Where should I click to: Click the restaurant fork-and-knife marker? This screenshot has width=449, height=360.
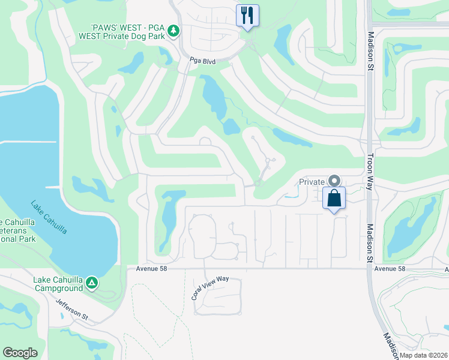tap(247, 14)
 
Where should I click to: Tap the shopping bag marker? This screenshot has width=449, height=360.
tap(334, 197)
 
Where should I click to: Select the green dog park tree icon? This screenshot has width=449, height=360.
tap(173, 30)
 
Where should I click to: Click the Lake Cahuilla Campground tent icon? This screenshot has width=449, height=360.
tap(91, 282)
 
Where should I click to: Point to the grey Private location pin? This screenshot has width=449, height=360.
tap(334, 181)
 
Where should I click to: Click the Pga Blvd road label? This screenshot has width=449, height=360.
tap(202, 61)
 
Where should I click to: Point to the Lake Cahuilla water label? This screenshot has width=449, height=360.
tap(49, 217)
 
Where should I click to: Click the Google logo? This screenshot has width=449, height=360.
tap(20, 353)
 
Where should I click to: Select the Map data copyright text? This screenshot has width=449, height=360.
tap(423, 355)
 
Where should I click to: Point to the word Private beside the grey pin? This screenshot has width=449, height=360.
tap(312, 182)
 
